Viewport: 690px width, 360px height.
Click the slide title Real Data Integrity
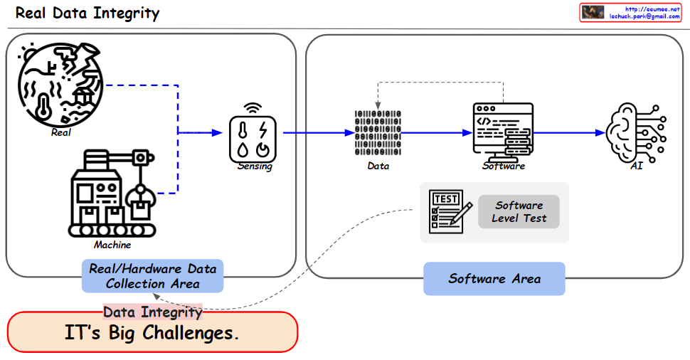(x=87, y=14)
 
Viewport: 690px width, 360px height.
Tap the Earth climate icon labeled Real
(x=61, y=83)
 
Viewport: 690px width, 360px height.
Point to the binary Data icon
(x=378, y=134)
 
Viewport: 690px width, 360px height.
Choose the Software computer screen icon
(x=504, y=132)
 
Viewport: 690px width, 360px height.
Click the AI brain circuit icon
(x=635, y=132)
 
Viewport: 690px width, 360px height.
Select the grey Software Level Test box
(x=519, y=212)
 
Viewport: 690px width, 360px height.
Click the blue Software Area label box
(x=494, y=279)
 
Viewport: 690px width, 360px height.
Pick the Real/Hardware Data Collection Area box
(x=152, y=276)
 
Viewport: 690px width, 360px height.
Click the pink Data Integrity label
(x=153, y=312)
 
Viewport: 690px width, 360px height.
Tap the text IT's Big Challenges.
(x=152, y=333)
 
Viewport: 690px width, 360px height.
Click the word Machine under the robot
(x=112, y=245)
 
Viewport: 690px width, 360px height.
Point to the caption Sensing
(x=255, y=166)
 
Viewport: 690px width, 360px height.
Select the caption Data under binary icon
(x=378, y=166)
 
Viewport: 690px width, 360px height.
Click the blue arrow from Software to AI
(x=569, y=132)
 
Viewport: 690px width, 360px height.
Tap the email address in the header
(x=643, y=16)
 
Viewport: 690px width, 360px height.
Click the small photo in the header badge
(x=593, y=12)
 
